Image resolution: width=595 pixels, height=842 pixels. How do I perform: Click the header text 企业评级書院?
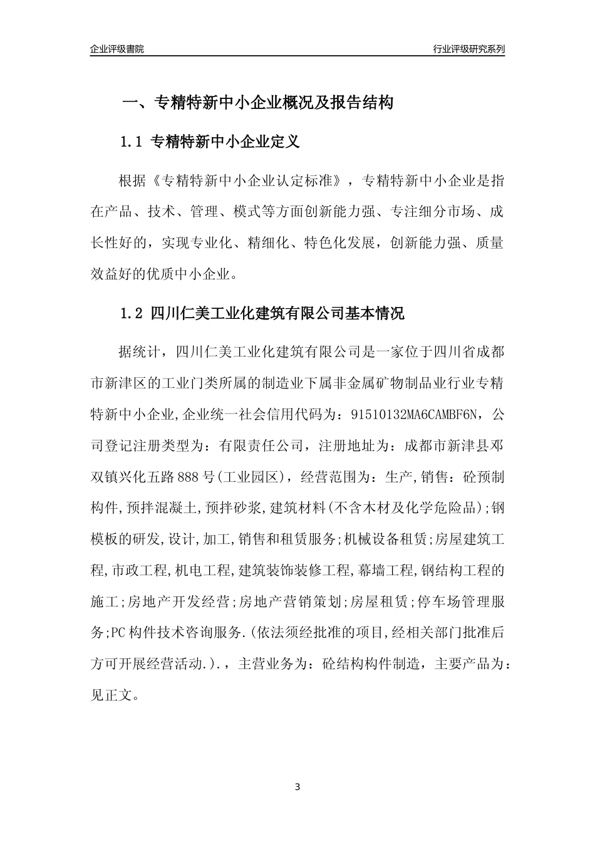117,49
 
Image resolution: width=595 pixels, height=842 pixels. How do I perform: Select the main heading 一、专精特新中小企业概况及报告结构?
257,103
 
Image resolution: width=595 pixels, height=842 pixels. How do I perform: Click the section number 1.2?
133,313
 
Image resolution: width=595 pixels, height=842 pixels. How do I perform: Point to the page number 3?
297,787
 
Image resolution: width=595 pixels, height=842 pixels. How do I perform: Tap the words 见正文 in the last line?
111,695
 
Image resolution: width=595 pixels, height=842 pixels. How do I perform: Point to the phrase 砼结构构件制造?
373,664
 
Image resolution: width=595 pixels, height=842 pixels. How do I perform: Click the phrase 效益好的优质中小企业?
160,274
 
